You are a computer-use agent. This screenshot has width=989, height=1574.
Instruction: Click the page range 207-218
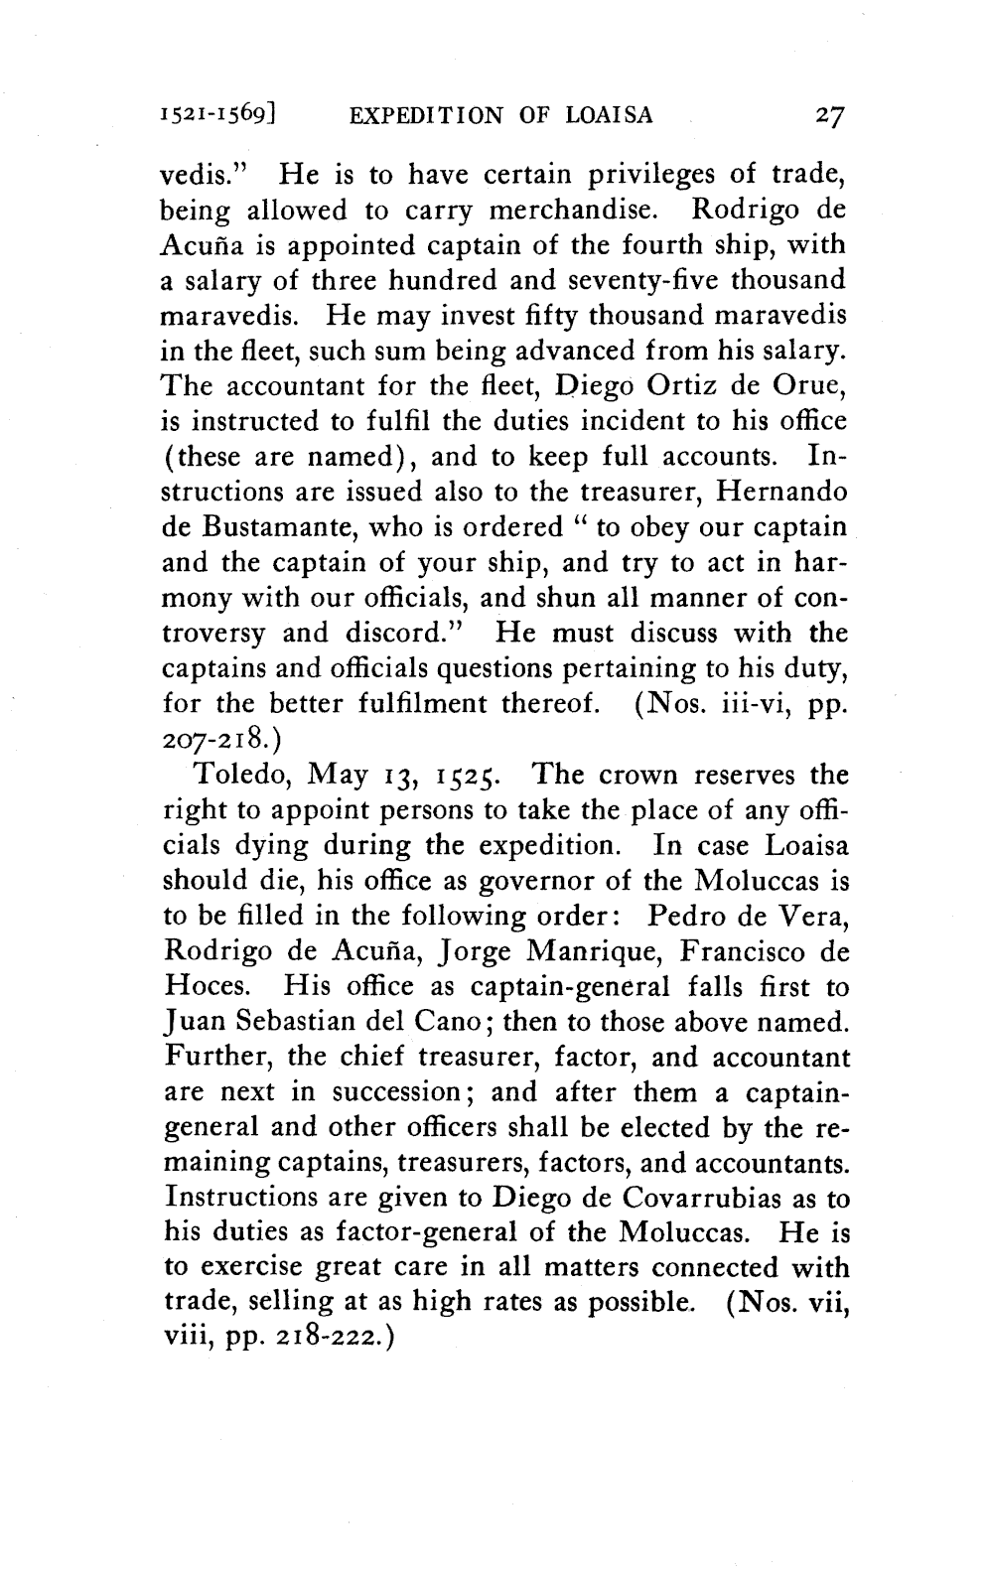216,738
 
